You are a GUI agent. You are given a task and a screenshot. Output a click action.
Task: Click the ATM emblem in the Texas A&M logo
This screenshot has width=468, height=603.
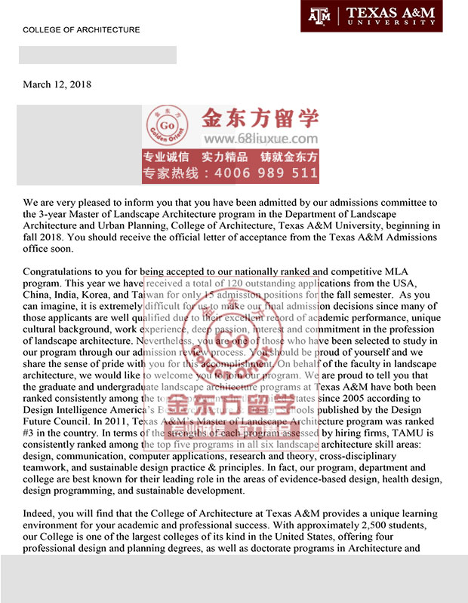tap(322, 14)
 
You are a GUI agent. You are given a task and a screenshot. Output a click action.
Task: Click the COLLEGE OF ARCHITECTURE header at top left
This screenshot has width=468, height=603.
tap(82, 30)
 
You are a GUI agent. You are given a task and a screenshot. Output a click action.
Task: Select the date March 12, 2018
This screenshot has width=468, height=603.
tap(57, 84)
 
